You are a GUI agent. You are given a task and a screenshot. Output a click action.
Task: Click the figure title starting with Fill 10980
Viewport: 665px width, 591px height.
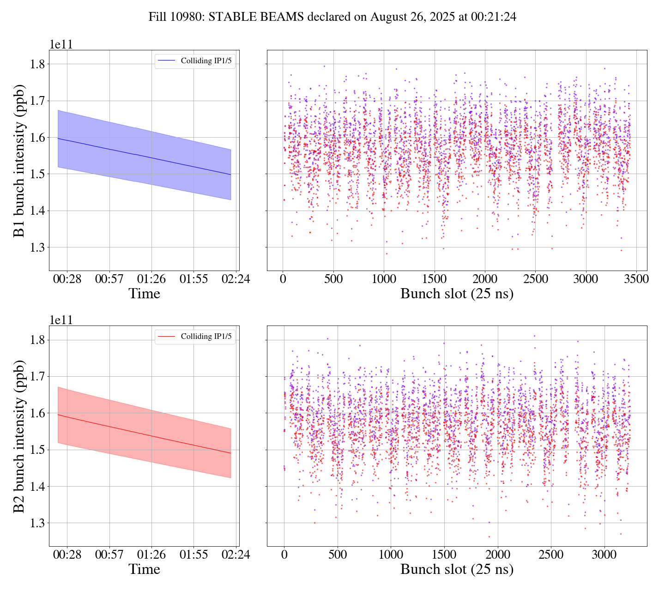[332, 17]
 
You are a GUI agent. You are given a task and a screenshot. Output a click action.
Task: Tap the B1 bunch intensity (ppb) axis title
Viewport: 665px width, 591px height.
[19, 160]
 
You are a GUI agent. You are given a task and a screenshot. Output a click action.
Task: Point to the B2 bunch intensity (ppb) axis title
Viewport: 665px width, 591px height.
[19, 436]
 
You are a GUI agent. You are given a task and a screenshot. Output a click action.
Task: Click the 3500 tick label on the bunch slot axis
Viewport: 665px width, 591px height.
[636, 279]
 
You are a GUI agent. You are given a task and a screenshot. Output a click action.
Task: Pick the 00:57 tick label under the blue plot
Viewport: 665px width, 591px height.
[109, 279]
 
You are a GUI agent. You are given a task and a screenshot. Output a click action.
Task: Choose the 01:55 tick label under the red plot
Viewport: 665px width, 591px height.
[193, 555]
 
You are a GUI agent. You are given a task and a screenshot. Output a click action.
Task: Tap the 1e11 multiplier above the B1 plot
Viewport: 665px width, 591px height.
[61, 45]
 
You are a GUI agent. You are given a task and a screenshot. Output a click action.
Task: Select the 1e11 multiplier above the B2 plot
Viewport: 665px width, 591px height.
[61, 320]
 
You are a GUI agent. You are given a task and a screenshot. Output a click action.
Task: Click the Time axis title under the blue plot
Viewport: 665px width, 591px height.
[145, 294]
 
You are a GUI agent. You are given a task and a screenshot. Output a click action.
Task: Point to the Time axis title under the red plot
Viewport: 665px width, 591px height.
[145, 569]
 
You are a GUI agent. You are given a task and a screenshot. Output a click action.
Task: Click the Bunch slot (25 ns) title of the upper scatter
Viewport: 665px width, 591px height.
[457, 294]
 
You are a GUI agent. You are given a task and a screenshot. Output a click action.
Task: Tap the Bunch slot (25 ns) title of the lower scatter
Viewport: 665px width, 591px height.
[457, 569]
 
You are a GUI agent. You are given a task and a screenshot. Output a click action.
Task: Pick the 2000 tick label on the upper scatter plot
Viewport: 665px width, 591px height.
[485, 279]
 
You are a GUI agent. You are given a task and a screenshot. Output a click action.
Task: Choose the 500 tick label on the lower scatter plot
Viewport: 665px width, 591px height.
[338, 555]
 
